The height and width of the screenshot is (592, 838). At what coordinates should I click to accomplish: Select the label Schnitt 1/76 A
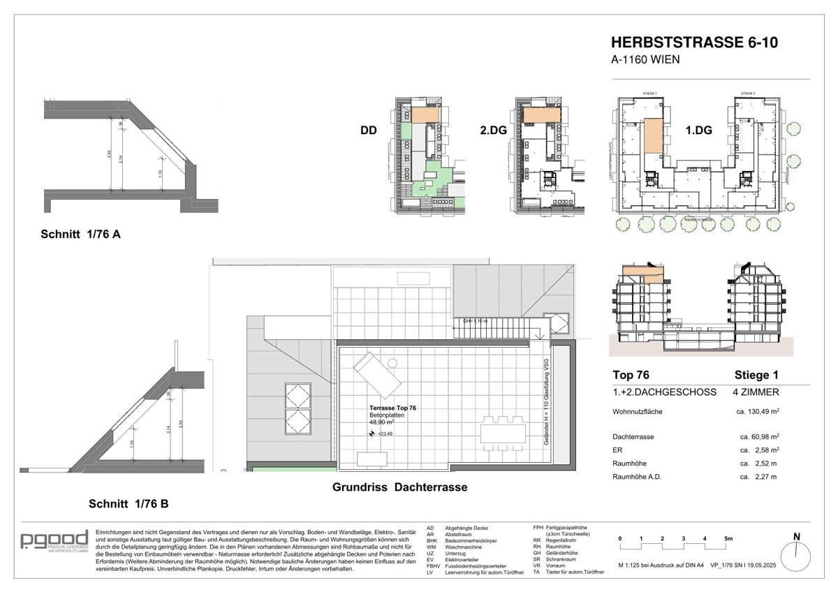pyautogui.click(x=80, y=235)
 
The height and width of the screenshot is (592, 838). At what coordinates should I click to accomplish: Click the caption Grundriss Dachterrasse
pyautogui.click(x=399, y=487)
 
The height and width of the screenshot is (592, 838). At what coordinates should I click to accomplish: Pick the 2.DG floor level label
pyautogui.click(x=493, y=131)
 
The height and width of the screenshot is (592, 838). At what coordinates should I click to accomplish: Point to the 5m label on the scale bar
pyautogui.click(x=728, y=538)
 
